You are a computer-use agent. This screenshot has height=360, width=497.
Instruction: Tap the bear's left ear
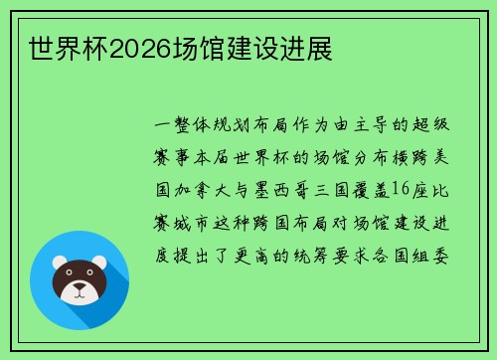click(x=60, y=263)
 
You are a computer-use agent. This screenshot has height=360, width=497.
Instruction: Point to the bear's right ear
click(x=101, y=263)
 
